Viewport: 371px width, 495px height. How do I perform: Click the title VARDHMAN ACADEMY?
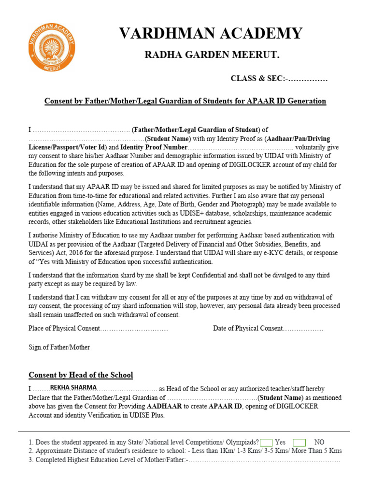click(x=211, y=33)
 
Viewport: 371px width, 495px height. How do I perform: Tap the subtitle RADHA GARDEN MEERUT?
click(x=212, y=55)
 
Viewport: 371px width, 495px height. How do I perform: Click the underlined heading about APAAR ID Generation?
click(x=185, y=101)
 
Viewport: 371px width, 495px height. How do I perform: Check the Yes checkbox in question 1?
click(x=266, y=442)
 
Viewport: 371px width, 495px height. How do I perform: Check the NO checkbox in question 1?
click(x=300, y=442)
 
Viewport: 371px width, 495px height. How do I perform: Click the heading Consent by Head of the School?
click(x=81, y=375)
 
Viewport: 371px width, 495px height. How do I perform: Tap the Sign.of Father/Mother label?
click(x=59, y=347)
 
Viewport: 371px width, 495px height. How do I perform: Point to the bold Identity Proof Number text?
click(x=154, y=147)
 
